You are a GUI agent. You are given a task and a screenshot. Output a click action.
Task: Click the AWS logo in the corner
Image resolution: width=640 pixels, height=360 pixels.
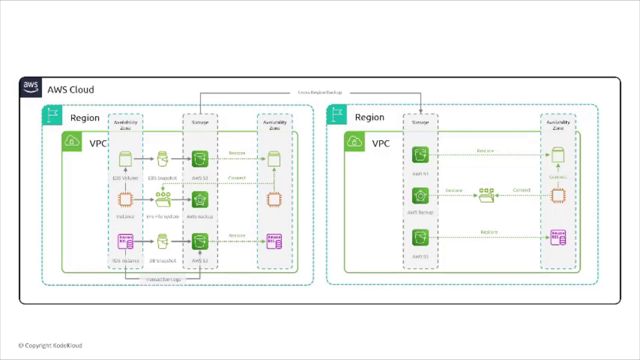[31, 87]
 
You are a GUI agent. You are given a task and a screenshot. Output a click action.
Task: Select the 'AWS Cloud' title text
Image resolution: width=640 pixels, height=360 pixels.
[71, 90]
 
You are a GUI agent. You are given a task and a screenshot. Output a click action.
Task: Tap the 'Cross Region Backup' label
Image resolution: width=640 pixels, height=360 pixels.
[320, 92]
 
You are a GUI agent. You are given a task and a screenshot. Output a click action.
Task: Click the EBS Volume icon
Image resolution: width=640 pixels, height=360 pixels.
[125, 159]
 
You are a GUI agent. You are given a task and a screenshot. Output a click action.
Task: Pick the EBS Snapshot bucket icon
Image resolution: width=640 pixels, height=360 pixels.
[162, 159]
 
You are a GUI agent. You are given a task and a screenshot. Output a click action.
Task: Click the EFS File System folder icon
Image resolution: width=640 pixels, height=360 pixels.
[163, 199]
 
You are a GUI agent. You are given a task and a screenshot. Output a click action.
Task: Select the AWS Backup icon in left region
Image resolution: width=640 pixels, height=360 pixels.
[200, 200]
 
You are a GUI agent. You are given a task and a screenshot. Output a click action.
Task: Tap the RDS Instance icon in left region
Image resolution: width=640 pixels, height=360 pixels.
[125, 241]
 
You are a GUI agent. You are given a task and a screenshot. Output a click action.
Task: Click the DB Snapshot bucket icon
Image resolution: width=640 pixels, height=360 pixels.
[162, 241]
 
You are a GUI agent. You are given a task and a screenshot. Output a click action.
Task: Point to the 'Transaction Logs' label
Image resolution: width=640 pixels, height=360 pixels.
[163, 279]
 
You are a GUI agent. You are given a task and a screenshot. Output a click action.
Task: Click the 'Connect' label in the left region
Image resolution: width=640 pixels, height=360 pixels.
[237, 178]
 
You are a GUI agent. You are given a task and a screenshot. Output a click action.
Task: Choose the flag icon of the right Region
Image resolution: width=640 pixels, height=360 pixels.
[337, 115]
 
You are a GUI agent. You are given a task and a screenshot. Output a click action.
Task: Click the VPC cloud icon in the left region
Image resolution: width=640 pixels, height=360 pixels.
[72, 141]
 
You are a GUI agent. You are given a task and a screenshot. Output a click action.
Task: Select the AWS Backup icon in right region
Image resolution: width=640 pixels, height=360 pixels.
[420, 196]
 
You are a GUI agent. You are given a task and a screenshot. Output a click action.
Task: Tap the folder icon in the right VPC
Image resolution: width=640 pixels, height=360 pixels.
[486, 195]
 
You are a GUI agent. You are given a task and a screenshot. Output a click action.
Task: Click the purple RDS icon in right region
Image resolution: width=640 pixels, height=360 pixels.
[558, 237]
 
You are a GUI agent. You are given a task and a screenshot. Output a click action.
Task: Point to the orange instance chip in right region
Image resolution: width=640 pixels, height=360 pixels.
[558, 196]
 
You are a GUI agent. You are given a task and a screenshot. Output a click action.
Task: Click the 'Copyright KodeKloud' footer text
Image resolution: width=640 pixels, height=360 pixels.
[50, 346]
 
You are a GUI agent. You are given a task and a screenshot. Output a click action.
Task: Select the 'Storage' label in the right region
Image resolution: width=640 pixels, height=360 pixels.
[420, 122]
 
